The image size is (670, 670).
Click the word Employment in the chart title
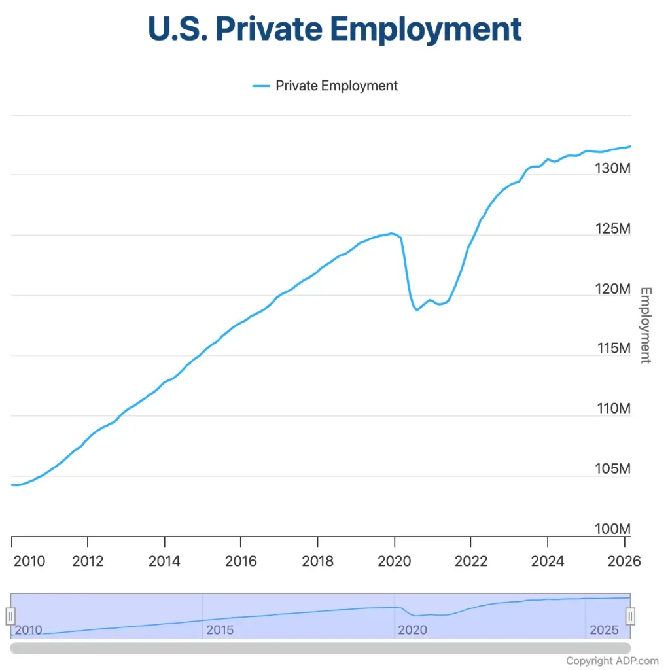(x=427, y=29)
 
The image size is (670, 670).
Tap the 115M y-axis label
(x=614, y=348)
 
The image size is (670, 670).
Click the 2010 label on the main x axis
(x=29, y=561)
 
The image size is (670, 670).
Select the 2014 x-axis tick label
(x=164, y=561)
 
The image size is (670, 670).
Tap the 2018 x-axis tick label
(x=317, y=561)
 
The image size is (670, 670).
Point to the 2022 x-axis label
(x=470, y=561)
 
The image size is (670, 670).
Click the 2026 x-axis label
(x=624, y=561)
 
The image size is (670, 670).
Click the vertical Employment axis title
(x=645, y=325)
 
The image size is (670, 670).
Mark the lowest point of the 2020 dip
(x=417, y=309)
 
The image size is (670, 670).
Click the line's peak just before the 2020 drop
(x=391, y=233)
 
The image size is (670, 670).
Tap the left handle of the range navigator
(x=10, y=616)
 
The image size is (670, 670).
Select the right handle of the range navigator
(x=630, y=616)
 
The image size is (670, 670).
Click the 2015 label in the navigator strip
(x=220, y=630)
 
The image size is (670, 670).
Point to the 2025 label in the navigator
(x=604, y=630)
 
